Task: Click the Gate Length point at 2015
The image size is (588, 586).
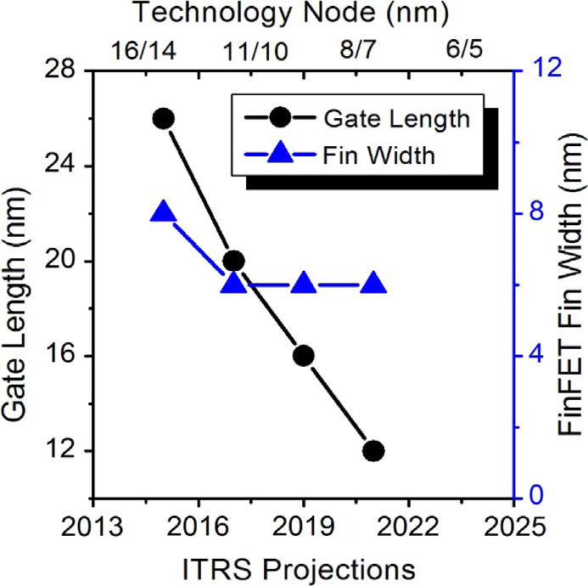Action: pyautogui.click(x=164, y=119)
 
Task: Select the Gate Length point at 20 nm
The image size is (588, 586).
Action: pyautogui.click(x=234, y=261)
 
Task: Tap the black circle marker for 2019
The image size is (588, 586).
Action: pyautogui.click(x=304, y=356)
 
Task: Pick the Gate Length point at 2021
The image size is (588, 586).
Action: pyautogui.click(x=373, y=451)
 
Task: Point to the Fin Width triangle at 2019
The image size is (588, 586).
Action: pyautogui.click(x=304, y=284)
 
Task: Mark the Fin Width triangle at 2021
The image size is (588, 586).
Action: pyautogui.click(x=373, y=284)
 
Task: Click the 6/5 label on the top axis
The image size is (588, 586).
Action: pyautogui.click(x=462, y=49)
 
